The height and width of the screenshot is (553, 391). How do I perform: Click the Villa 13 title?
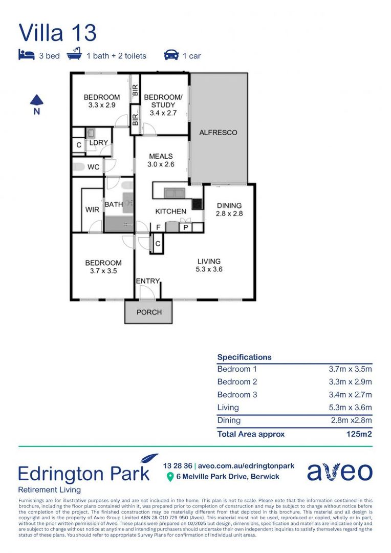pos(57,32)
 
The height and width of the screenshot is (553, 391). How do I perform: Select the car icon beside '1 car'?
pos(171,55)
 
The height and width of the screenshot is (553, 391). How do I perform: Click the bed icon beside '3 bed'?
pos(26,55)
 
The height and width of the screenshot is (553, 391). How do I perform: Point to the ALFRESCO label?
pos(218,133)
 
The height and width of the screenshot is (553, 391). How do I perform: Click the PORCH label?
pos(149,312)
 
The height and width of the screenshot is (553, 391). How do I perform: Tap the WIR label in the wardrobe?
pos(92,210)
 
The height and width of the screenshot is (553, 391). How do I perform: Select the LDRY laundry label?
pos(98,143)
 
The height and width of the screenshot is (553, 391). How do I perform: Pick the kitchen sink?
pos(174,193)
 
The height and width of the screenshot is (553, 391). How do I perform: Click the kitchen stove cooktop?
pos(197,204)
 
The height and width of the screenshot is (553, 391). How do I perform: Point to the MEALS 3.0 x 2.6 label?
pos(161,160)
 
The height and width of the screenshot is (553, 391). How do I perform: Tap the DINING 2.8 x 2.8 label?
pos(229,209)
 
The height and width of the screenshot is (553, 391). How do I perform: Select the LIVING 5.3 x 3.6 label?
pos(209,265)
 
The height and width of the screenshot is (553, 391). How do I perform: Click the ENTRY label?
pos(147,281)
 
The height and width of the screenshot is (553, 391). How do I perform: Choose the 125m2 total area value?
pos(359,434)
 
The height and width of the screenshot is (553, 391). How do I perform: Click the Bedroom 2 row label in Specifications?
pos(237,381)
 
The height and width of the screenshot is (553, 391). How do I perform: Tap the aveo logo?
pos(339,472)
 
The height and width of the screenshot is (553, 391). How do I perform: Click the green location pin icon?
pos(170,477)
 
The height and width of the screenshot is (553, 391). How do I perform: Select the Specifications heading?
pos(244,357)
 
